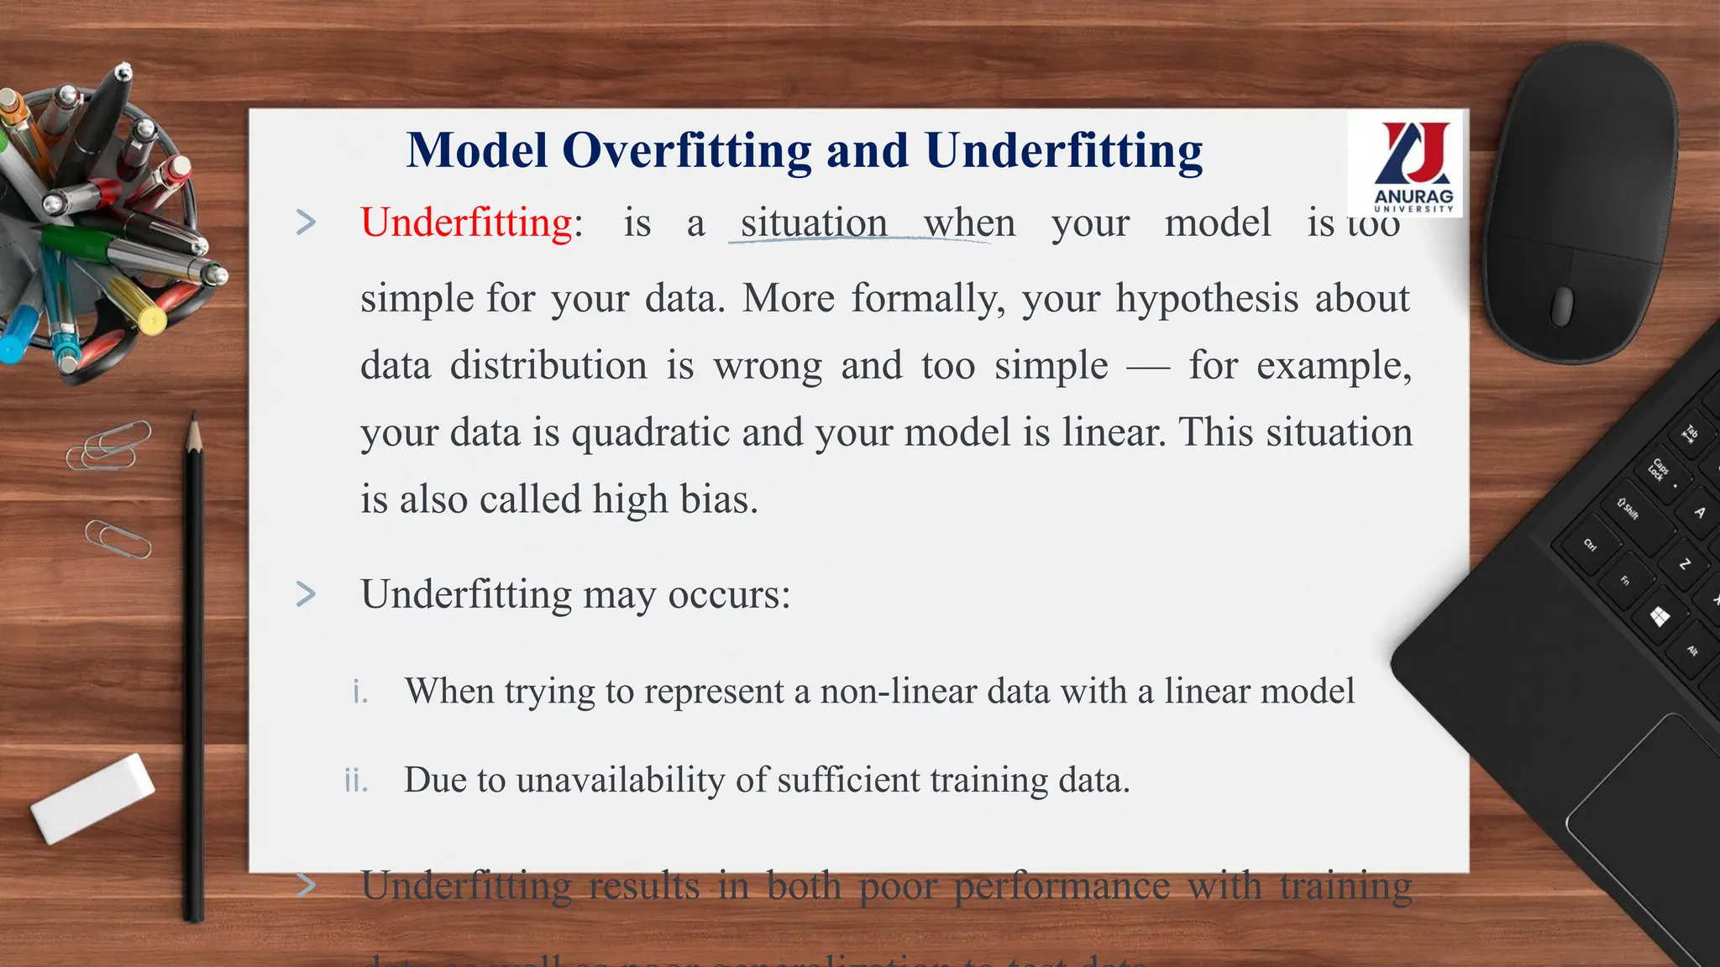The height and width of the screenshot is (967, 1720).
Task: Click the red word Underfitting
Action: pos(466,223)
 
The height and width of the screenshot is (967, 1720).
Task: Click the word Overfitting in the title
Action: pos(686,151)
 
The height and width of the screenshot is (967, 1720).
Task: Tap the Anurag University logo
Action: pos(1413,165)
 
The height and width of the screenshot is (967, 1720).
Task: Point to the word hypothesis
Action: pos(1206,299)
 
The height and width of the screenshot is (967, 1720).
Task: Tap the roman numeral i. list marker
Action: pos(360,693)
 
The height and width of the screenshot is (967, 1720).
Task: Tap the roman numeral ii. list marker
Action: pos(356,781)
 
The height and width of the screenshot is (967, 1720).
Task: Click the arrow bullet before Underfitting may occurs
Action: pos(307,594)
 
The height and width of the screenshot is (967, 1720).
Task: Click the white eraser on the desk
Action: pos(92,797)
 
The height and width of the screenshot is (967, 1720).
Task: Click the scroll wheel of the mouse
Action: pos(1561,306)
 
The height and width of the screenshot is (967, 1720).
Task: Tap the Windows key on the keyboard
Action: pos(1660,618)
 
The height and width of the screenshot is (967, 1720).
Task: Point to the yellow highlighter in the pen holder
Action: pos(139,306)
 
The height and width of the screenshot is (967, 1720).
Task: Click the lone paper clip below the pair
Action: pos(118,538)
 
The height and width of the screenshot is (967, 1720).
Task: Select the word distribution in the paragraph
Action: pos(548,366)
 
